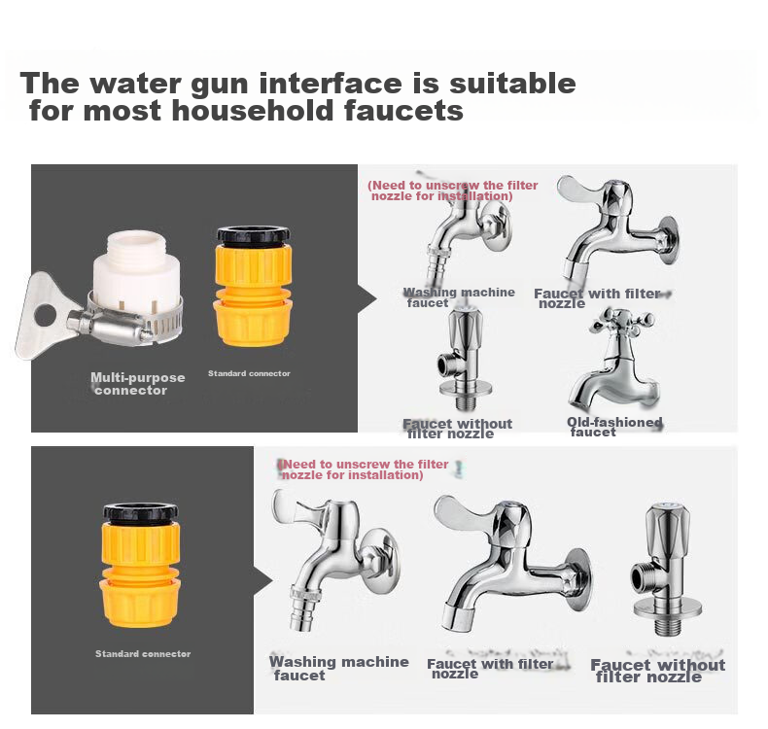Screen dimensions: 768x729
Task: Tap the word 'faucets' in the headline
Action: click(403, 110)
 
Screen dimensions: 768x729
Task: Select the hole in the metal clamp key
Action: click(45, 315)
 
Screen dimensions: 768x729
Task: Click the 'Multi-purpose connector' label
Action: click(138, 384)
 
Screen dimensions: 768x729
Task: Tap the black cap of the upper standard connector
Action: click(253, 236)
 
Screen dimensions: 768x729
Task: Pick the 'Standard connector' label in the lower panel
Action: click(143, 653)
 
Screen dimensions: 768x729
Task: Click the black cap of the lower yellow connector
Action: click(141, 513)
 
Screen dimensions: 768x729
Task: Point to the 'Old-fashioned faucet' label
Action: click(614, 427)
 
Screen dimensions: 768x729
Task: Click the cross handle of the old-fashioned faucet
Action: click(622, 321)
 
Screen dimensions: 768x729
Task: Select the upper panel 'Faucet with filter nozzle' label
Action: click(597, 298)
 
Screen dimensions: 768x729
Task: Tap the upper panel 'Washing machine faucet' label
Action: click(459, 297)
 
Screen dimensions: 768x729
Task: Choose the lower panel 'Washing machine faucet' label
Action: click(339, 669)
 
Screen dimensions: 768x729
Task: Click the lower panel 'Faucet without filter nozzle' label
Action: click(658, 671)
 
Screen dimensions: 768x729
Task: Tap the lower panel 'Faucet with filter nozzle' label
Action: click(490, 669)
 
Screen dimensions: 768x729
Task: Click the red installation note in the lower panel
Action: click(363, 469)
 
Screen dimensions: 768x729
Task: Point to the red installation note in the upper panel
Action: click(453, 191)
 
